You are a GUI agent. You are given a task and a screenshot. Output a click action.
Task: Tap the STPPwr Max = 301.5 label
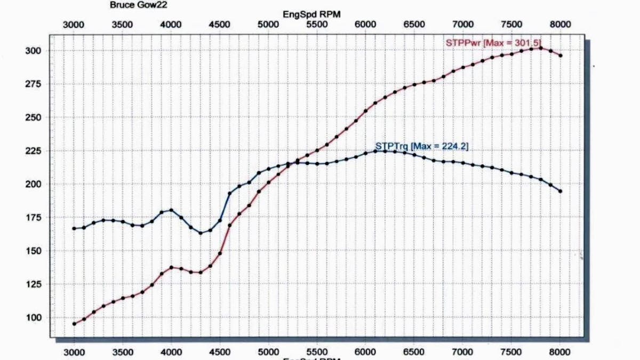click(x=494, y=42)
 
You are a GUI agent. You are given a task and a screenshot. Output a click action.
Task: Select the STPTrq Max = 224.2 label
click(x=422, y=146)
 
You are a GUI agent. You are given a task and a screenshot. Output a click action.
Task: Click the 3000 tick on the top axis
click(x=74, y=25)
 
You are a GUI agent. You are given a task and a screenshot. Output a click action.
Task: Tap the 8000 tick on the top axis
click(x=561, y=25)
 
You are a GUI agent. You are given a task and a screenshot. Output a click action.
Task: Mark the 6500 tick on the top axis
click(x=414, y=25)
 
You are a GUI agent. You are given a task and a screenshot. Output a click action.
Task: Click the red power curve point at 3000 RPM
click(x=74, y=324)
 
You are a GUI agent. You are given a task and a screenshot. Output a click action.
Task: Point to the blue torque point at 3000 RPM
click(x=74, y=228)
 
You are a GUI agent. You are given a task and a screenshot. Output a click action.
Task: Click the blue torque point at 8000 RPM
click(x=561, y=191)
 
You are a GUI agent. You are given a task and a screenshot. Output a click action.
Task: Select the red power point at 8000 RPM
click(x=561, y=55)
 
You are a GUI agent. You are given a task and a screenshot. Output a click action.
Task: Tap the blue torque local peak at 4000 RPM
click(x=171, y=210)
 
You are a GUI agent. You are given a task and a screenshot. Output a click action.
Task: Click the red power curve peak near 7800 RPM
click(x=541, y=48)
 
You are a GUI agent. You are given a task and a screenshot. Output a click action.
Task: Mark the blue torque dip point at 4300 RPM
click(x=201, y=233)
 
